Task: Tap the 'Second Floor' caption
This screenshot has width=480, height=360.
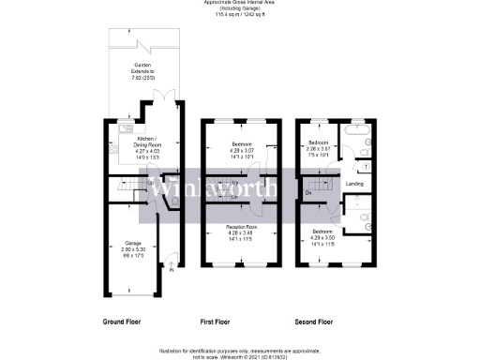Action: [x=312, y=322]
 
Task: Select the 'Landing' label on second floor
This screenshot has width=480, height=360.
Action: [x=354, y=184]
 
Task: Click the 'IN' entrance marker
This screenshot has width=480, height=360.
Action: [x=172, y=271]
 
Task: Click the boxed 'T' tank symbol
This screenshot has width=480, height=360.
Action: [x=365, y=166]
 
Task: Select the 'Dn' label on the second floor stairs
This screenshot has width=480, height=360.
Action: [x=309, y=192]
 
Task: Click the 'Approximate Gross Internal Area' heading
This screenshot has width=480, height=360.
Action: [x=241, y=3]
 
